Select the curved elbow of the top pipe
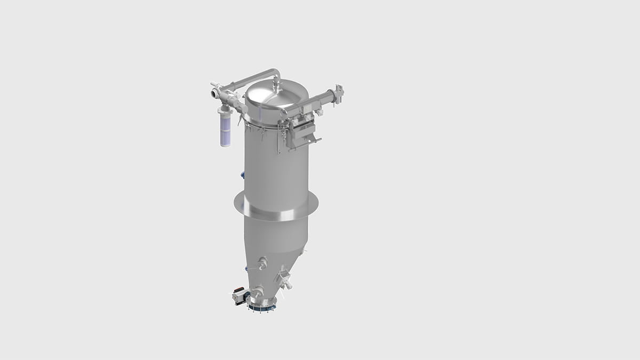click(274, 73)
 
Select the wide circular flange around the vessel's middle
click(276, 210)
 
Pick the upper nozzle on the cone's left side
click(262, 262)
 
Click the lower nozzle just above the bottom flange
click(258, 291)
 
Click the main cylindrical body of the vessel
click(275, 165)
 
